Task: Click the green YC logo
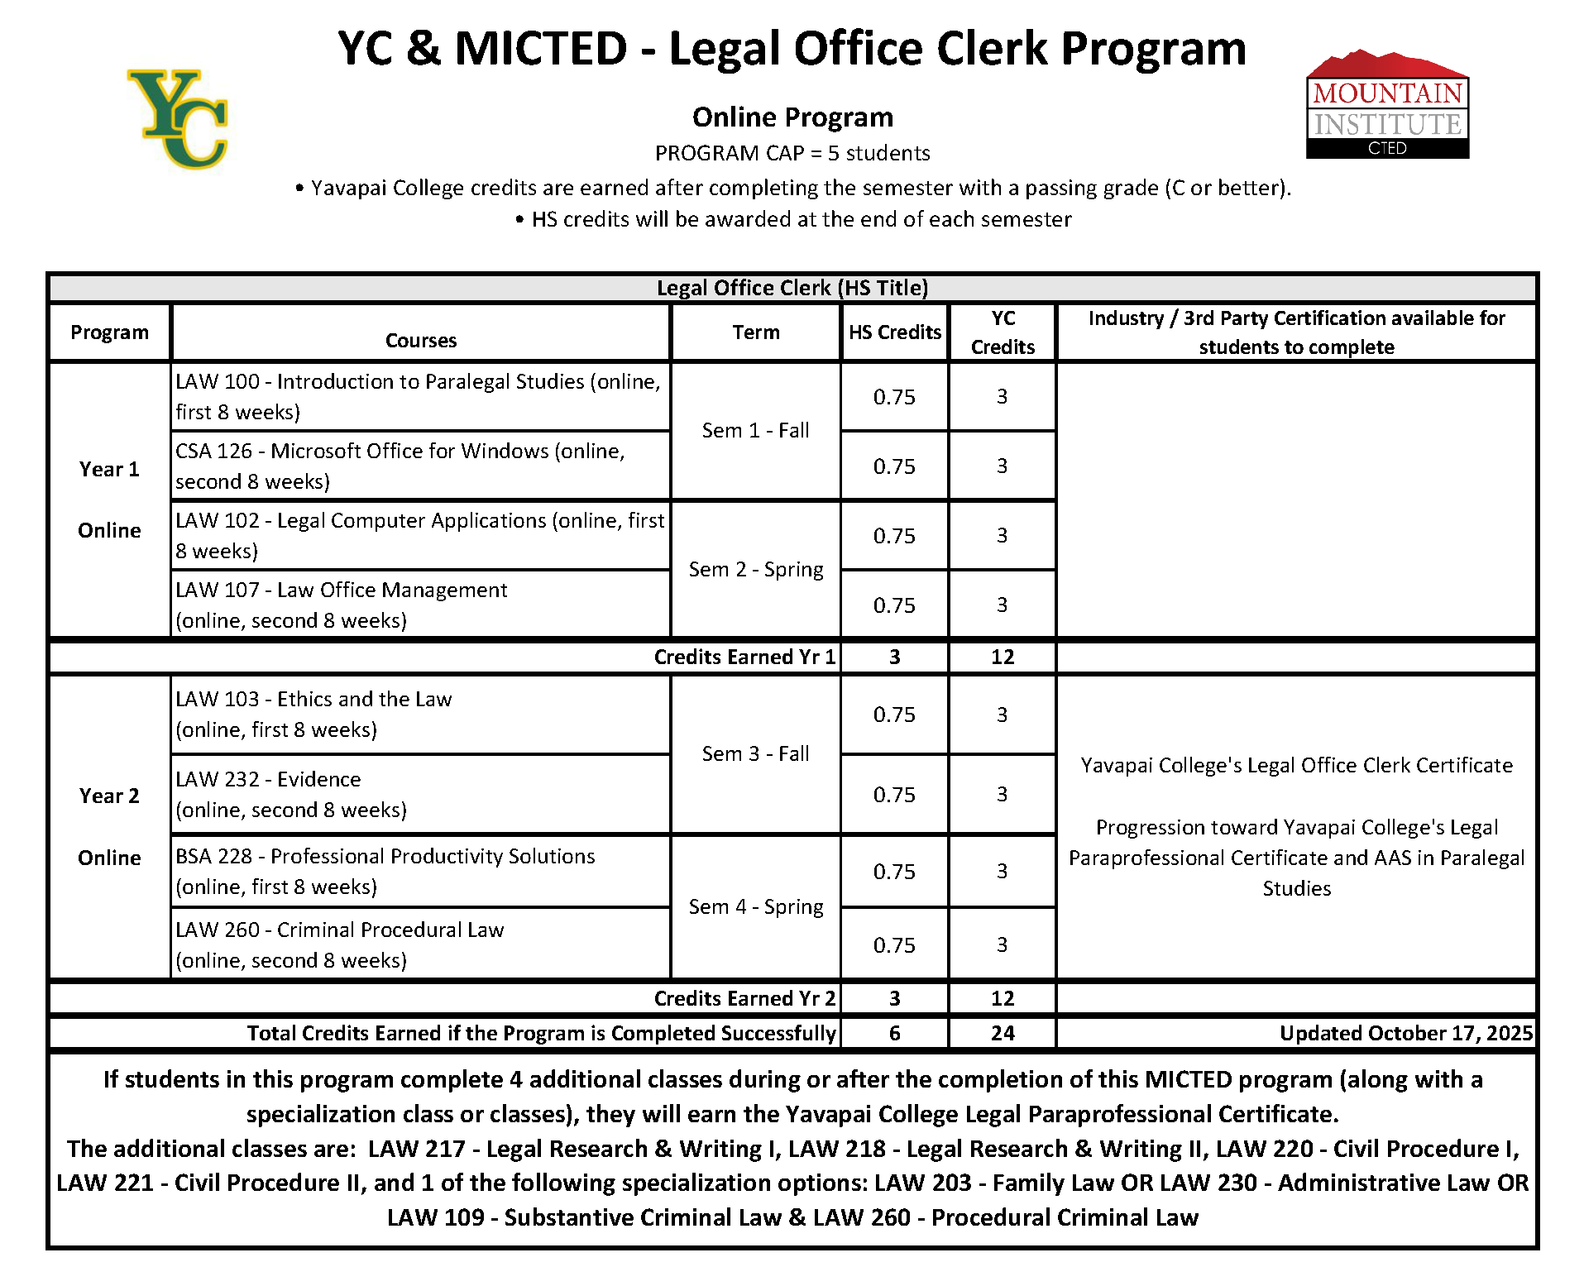point(179,118)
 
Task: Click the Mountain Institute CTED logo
point(1386,105)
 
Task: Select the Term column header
point(755,332)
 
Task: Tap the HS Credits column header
point(894,332)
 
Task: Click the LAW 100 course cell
point(419,397)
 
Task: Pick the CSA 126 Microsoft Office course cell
point(419,466)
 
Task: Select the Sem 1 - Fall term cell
point(755,431)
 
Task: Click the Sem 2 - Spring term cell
point(755,570)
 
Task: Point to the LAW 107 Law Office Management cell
point(419,605)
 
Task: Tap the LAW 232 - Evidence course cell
point(419,795)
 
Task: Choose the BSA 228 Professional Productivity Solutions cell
point(419,872)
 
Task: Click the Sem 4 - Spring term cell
point(755,907)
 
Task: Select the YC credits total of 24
point(1003,1033)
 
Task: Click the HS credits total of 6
point(894,1033)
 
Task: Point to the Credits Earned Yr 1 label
point(744,657)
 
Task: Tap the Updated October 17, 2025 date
point(1405,1033)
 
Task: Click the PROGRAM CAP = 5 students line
point(792,154)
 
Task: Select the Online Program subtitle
point(792,117)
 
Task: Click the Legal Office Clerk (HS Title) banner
point(792,288)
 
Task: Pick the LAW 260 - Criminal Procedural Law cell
point(419,945)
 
